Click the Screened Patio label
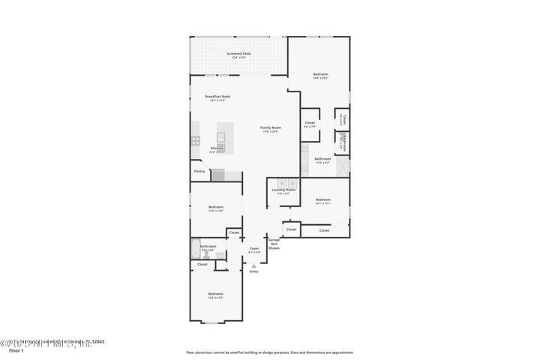click(238, 54)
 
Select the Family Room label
click(270, 128)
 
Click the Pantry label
click(199, 171)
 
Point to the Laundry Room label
click(283, 190)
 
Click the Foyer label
click(254, 249)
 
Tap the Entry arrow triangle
click(254, 265)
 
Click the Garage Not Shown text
click(274, 243)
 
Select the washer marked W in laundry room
click(282, 182)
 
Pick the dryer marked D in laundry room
click(292, 182)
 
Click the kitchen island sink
click(221, 136)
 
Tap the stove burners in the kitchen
click(195, 140)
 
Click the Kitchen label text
click(217, 148)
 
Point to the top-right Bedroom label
click(320, 74)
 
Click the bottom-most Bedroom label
click(215, 294)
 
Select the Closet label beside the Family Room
click(310, 123)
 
